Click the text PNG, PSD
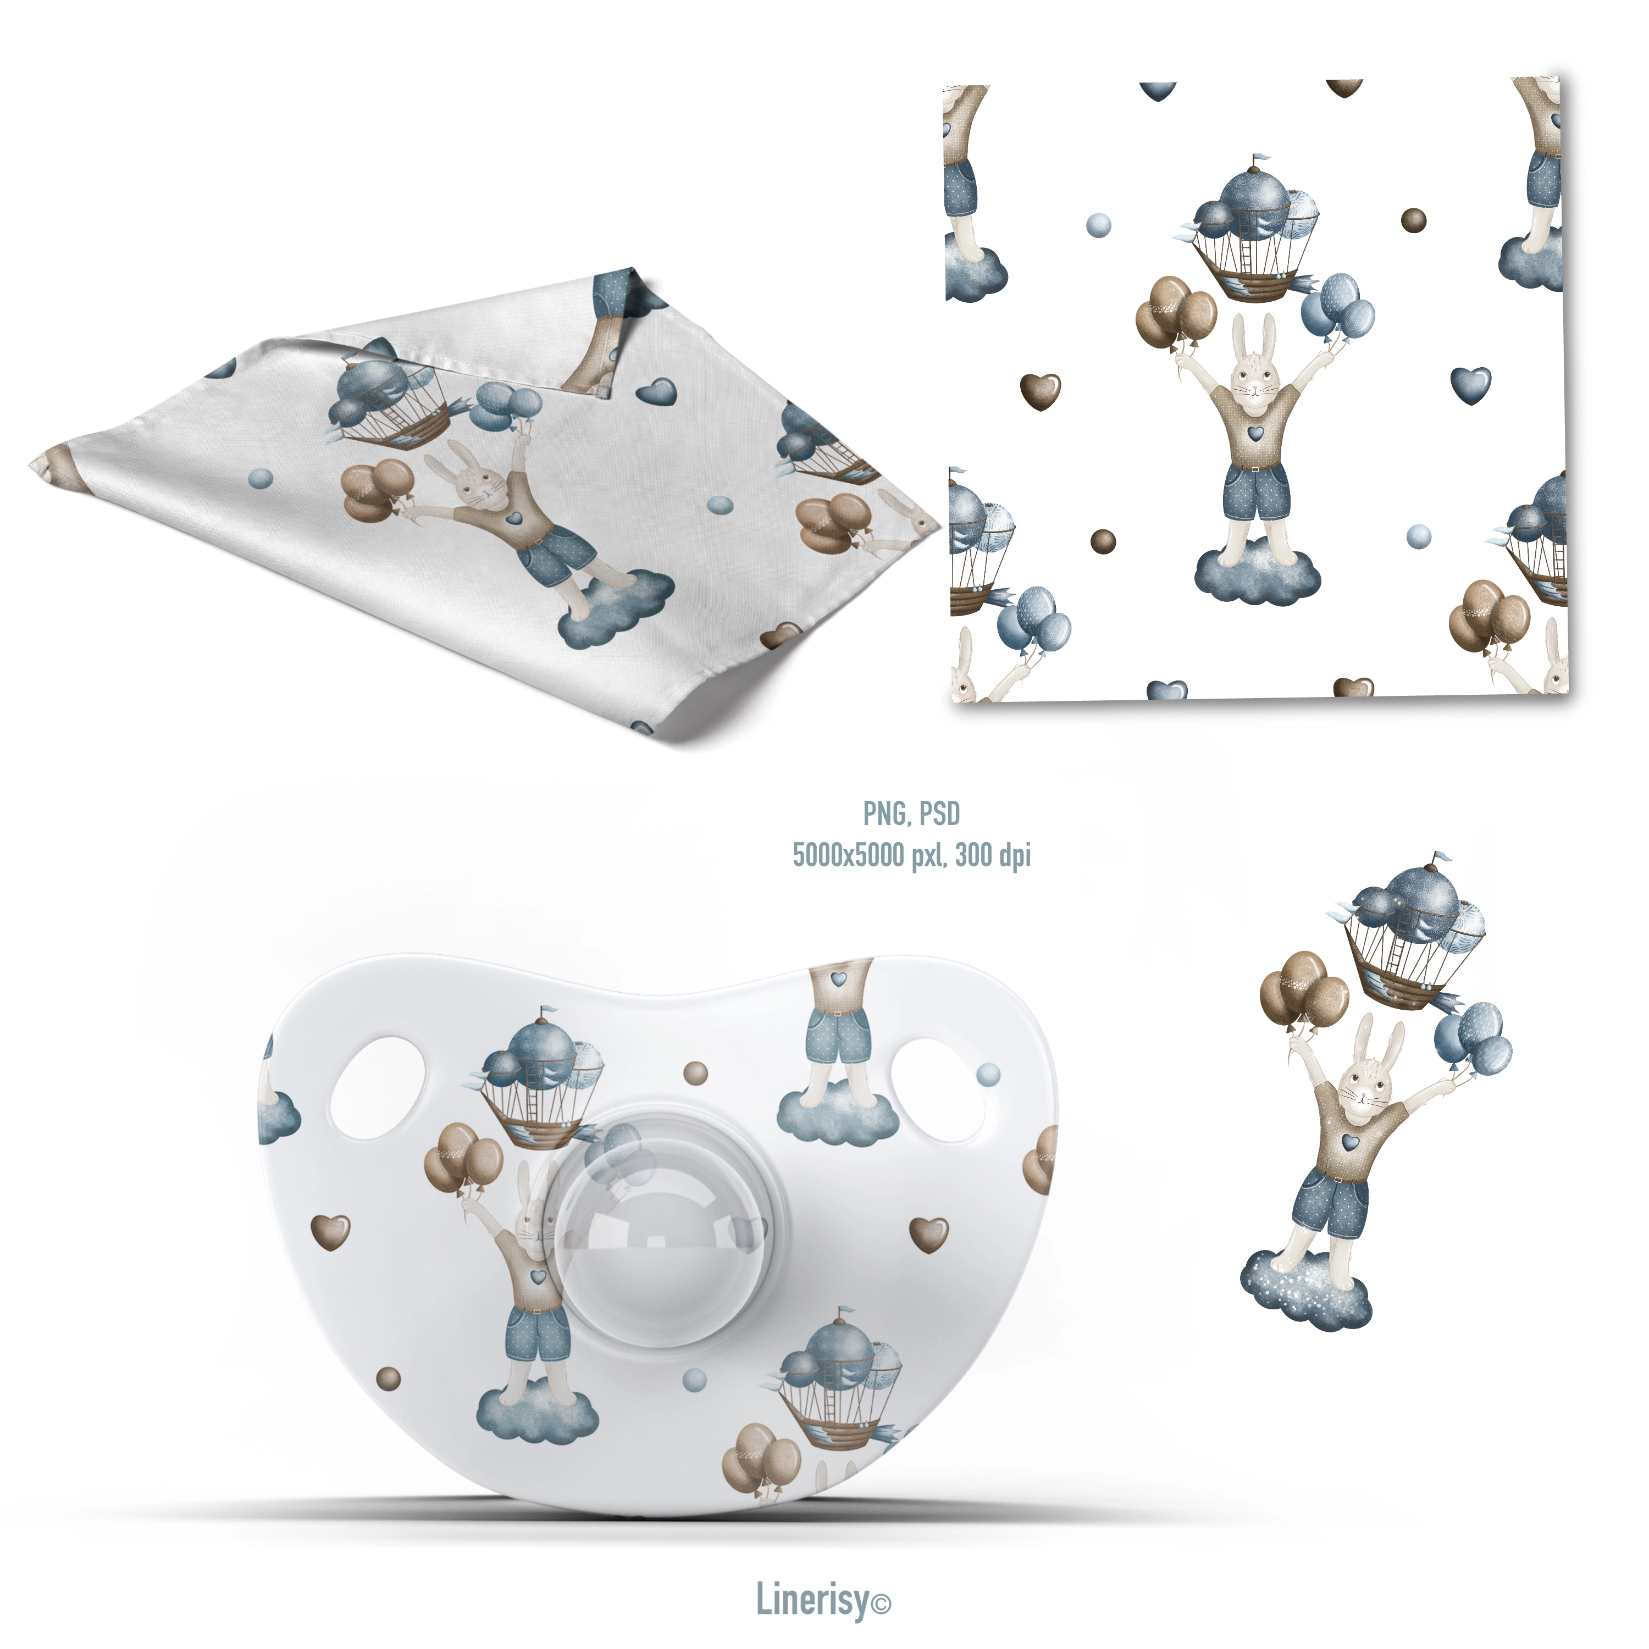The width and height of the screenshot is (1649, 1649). tap(911, 814)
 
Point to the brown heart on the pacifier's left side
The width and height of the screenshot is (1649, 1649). tap(331, 1232)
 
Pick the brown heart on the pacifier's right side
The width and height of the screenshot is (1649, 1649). tap(929, 1234)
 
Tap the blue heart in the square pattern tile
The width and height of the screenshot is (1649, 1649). tap(1470, 385)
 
